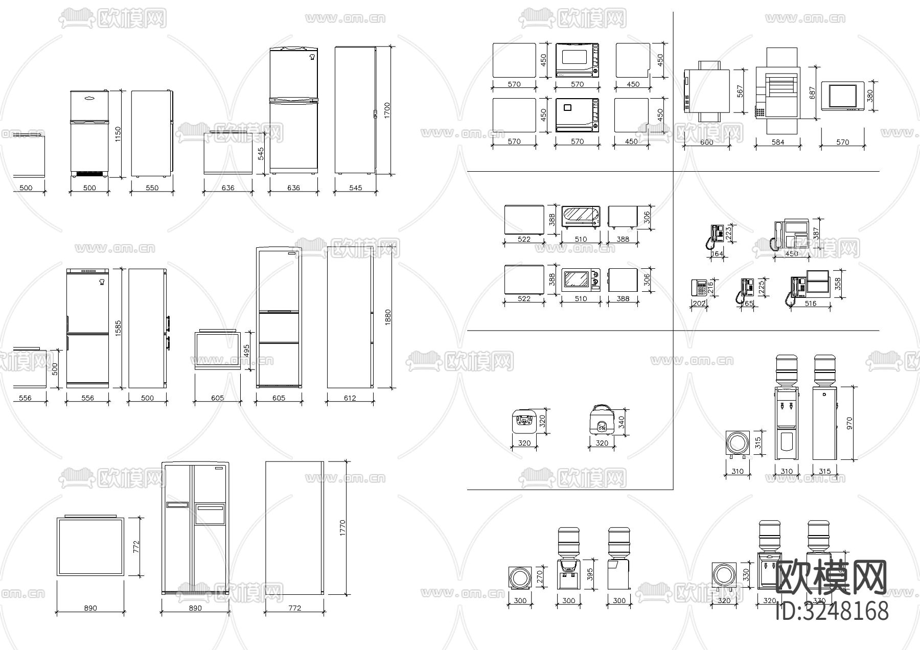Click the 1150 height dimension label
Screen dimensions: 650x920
click(118, 134)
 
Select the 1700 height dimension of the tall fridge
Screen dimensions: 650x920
click(387, 110)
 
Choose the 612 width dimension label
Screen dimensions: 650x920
click(350, 398)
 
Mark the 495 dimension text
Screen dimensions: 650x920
click(246, 351)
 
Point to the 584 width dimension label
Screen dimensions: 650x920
click(777, 142)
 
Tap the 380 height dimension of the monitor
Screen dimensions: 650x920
click(870, 95)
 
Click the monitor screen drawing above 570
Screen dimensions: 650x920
click(842, 96)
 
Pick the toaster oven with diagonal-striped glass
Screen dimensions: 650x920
click(581, 217)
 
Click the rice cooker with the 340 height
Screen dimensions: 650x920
click(602, 421)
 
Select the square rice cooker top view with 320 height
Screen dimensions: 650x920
click(524, 421)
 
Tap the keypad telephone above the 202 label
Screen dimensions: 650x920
click(699, 288)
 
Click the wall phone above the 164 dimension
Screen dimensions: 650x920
click(717, 236)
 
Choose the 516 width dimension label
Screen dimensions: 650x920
click(810, 303)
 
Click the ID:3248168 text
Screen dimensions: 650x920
click(832, 611)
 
